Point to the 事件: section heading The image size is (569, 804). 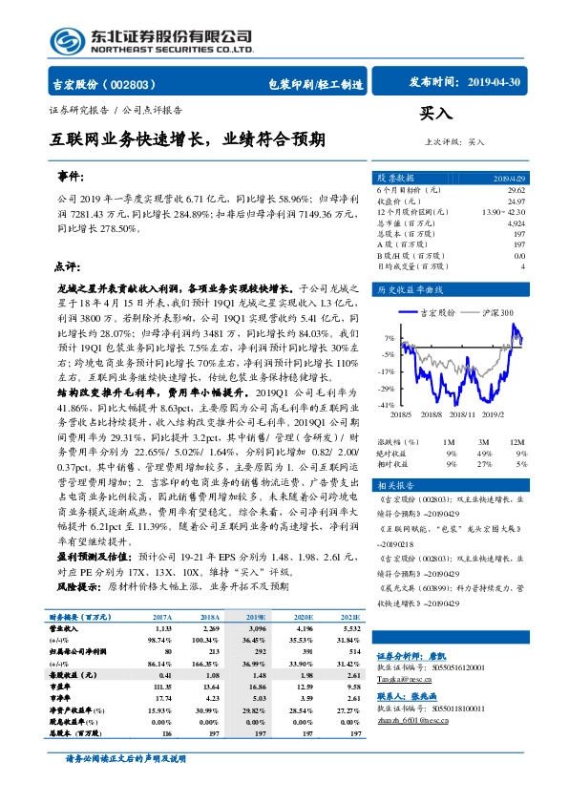pyautogui.click(x=72, y=178)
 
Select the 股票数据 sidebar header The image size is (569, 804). pyautogui.click(x=395, y=178)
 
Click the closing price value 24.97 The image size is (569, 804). pyautogui.click(x=515, y=201)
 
